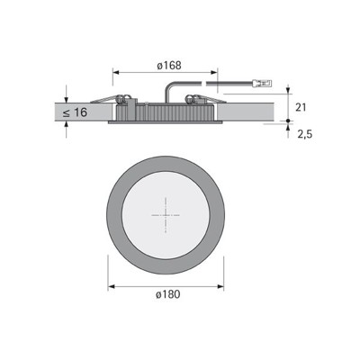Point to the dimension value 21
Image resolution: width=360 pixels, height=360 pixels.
click(303, 107)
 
